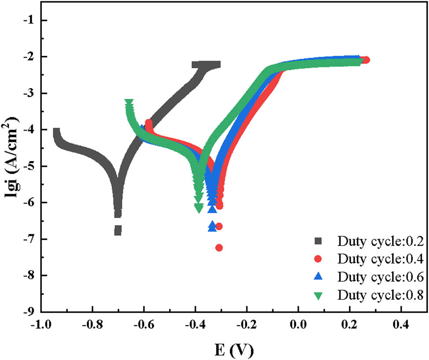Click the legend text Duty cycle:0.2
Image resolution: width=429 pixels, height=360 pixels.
381,241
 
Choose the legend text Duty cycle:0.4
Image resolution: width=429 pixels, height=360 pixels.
381,259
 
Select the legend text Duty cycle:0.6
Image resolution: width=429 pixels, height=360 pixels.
381,277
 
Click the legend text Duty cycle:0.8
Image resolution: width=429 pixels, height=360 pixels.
381,295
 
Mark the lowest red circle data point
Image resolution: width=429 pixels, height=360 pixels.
219,248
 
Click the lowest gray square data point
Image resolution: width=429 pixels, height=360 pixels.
117,231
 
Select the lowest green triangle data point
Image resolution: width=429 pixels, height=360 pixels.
199,207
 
